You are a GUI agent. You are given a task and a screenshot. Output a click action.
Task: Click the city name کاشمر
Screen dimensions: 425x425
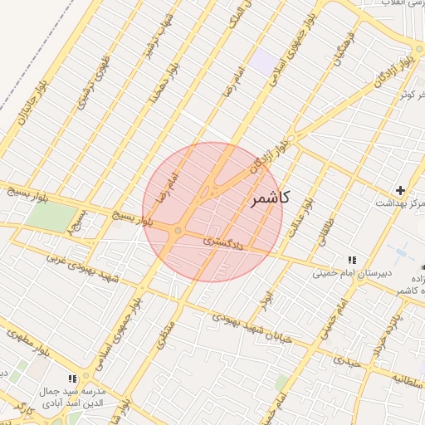[x=269, y=199]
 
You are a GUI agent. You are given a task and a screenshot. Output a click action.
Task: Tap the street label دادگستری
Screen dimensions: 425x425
[x=225, y=243]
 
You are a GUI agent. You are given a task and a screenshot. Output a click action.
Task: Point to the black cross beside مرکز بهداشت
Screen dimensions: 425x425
[x=400, y=190]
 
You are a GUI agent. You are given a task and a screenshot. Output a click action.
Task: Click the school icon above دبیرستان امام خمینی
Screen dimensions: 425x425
[x=352, y=260]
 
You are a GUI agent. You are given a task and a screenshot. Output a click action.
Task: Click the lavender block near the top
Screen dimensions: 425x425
[x=266, y=60]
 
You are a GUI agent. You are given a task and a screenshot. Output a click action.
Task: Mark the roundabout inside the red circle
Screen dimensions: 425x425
[x=178, y=231]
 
